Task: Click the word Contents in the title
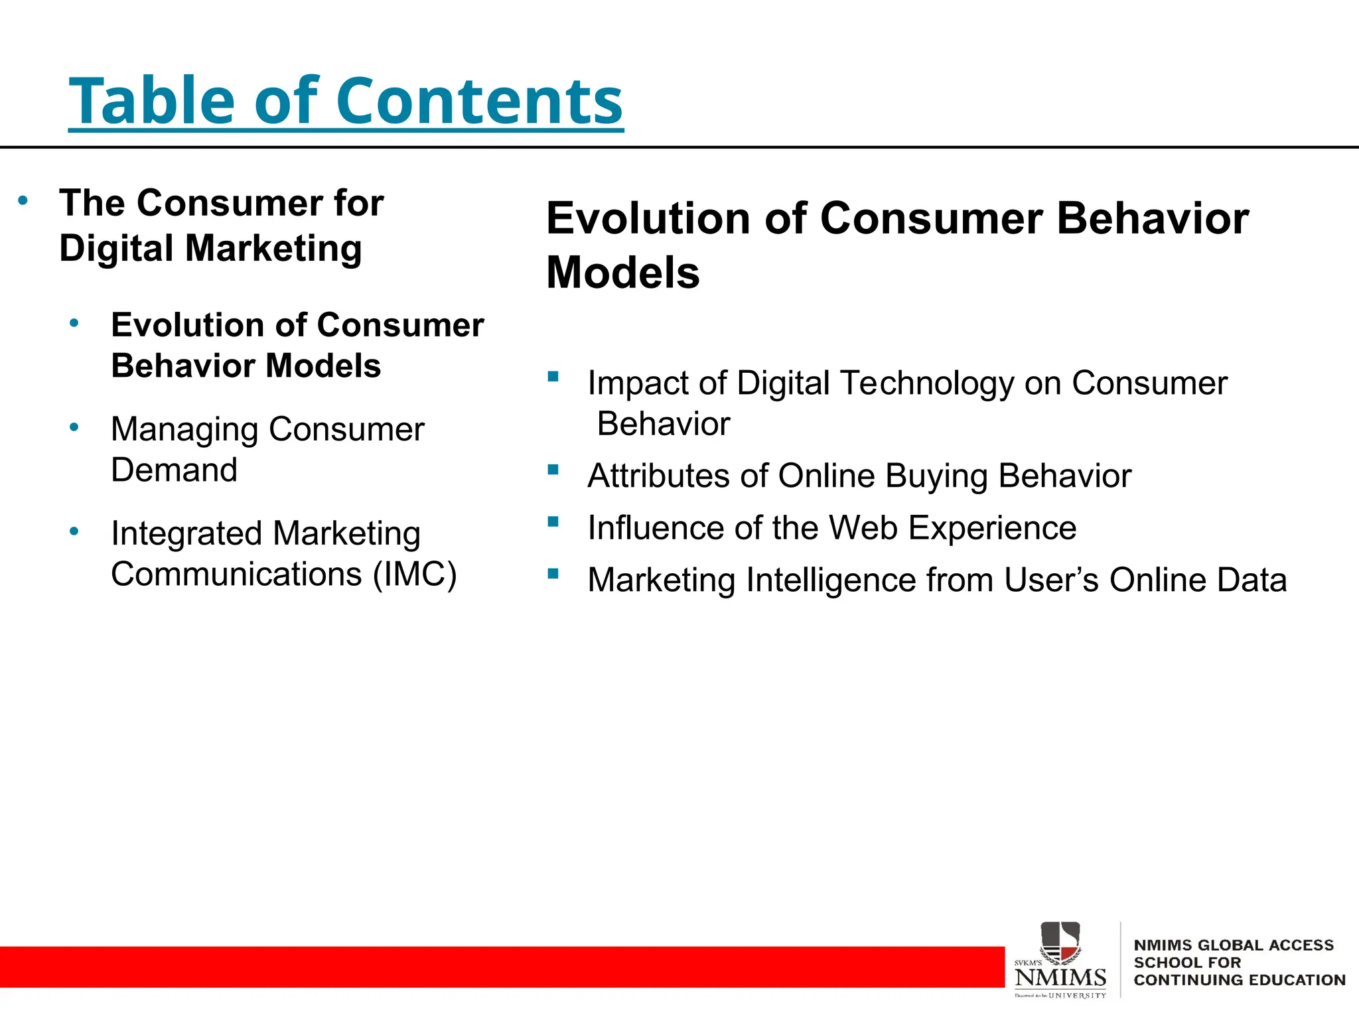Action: (479, 102)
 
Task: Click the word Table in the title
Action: (152, 102)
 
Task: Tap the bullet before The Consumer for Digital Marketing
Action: (23, 200)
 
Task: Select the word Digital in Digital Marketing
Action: (116, 249)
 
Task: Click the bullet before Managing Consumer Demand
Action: (74, 427)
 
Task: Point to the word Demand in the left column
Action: (174, 470)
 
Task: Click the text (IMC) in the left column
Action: (415, 575)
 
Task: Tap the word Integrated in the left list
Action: (186, 533)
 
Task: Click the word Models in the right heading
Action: (622, 273)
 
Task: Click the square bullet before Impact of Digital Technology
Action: (553, 377)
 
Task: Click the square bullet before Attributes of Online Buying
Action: (553, 470)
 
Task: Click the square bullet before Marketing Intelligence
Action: (553, 574)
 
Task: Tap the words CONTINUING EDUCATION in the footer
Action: (1239, 980)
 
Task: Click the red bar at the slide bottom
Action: (498, 967)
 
